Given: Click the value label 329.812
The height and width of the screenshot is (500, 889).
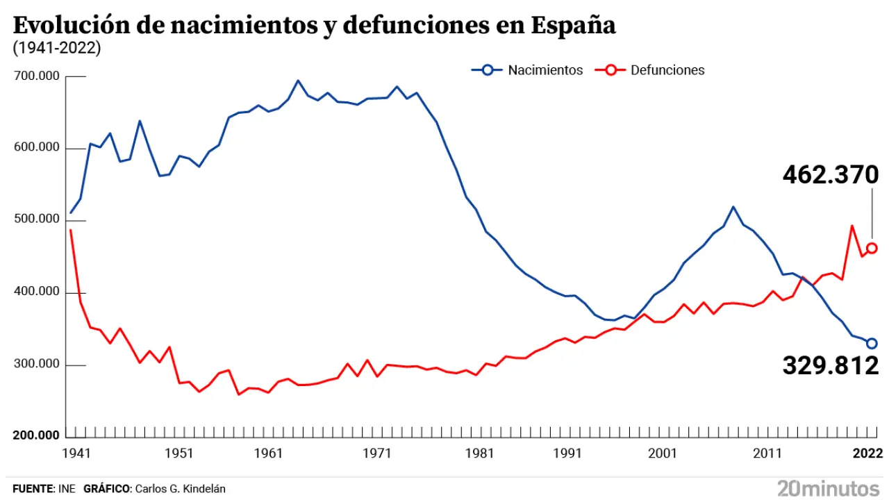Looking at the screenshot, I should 831,365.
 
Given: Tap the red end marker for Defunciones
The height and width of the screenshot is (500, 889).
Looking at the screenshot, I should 872,248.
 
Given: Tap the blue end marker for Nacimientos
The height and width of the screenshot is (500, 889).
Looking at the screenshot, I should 872,343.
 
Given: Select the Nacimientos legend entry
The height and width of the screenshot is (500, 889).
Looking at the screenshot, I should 528,70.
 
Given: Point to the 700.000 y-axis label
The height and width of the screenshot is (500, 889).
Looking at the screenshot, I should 37,76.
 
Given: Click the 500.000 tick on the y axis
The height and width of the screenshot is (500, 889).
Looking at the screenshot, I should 37,220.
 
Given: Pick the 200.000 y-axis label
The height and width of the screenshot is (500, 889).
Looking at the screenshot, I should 37,435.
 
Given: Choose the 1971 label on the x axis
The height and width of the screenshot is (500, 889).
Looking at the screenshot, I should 377,453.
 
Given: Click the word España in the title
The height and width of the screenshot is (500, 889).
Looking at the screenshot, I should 573,26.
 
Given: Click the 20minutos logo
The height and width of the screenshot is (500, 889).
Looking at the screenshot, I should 828,487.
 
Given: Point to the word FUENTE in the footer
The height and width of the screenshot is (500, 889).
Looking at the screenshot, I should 33,489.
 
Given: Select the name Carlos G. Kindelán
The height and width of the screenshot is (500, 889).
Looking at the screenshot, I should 180,489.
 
